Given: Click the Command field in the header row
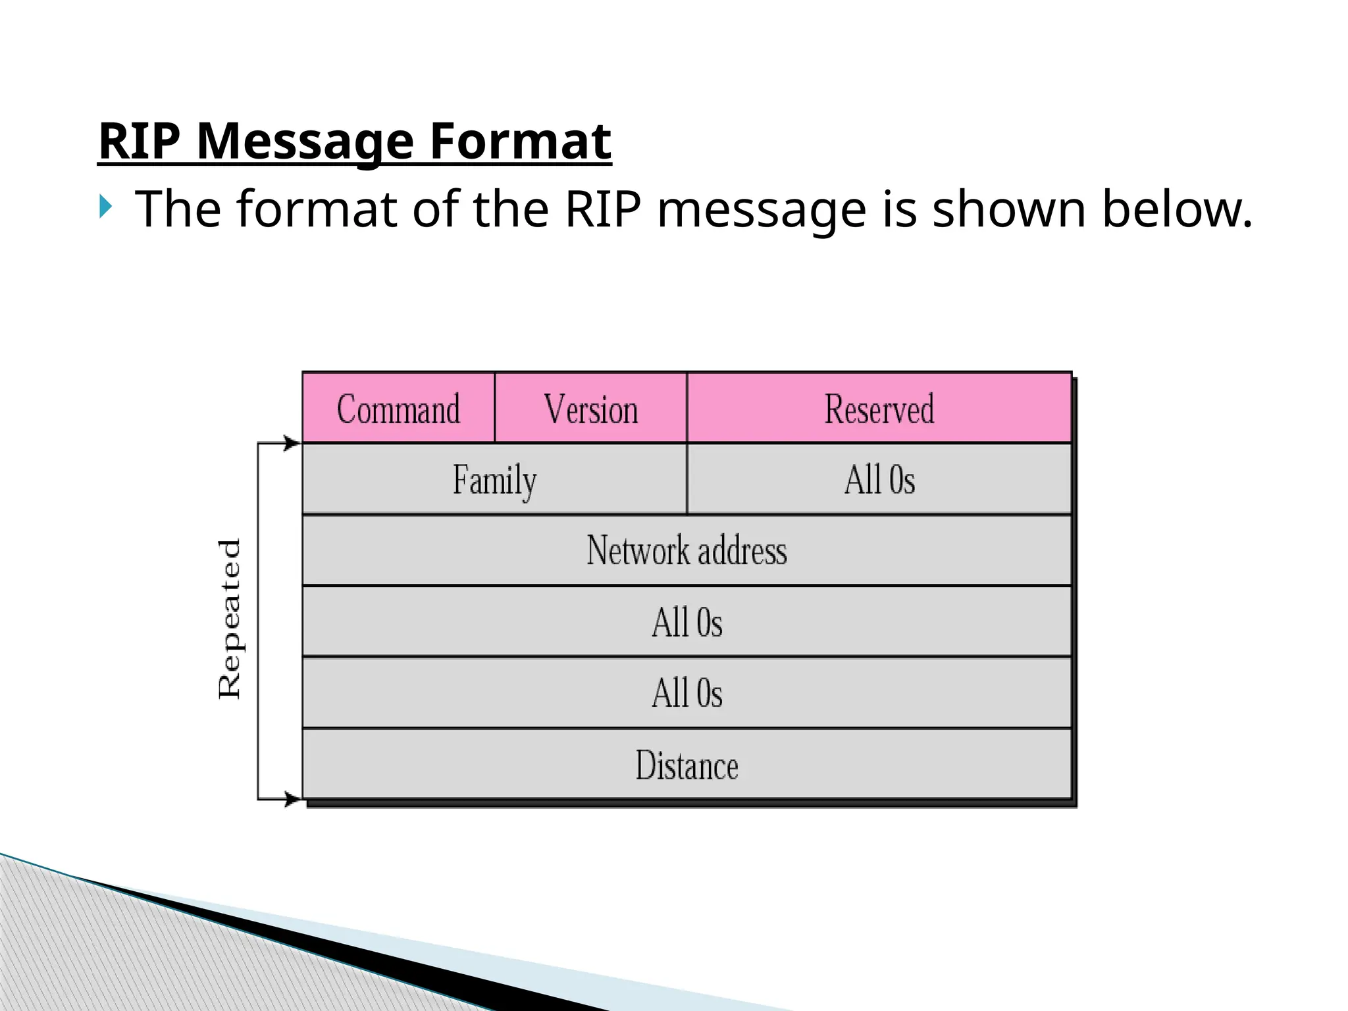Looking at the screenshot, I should pos(398,408).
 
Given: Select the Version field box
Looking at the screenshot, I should pos(590,408).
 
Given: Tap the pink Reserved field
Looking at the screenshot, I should pos(879,408).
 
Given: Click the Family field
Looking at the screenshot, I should pos(494,479).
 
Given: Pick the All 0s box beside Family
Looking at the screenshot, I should pos(879,479).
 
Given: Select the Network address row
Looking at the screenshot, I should pos(687,550).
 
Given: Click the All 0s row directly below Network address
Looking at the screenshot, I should pos(687,621).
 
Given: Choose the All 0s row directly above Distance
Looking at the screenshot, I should pos(687,692).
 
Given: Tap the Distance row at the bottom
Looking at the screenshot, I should pos(687,765).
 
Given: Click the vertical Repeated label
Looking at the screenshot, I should pos(230,619).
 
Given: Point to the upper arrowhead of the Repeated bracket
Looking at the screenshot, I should pos(292,443).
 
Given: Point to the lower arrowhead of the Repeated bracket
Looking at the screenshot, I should pos(292,800).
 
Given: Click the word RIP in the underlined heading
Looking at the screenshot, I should pos(140,141).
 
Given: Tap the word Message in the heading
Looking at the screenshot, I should pos(305,141).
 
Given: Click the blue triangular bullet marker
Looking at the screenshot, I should pos(106,207).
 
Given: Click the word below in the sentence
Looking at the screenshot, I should pos(1177,209).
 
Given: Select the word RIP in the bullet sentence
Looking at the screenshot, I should pos(602,209).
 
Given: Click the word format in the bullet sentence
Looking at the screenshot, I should pos(317,209).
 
